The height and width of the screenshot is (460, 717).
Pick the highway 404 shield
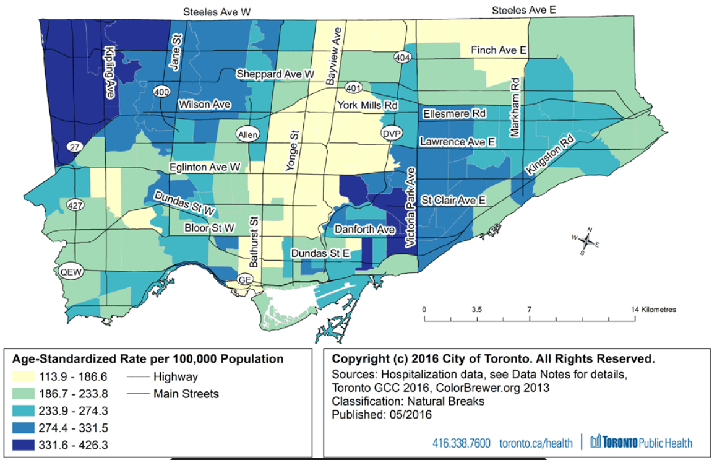tap(403, 56)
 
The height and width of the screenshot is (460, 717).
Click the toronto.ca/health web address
tap(535, 443)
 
